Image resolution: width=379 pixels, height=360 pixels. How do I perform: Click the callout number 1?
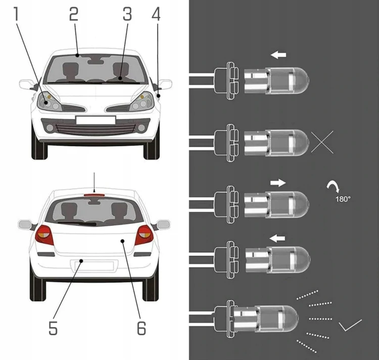(x=16, y=14)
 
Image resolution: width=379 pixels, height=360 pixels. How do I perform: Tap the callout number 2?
(x=74, y=14)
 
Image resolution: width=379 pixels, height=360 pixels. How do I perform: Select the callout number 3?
(x=127, y=14)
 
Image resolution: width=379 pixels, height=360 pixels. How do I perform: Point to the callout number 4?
(x=156, y=14)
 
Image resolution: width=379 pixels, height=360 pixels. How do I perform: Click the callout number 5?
(x=53, y=328)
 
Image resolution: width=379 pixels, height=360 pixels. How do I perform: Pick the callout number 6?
(x=141, y=328)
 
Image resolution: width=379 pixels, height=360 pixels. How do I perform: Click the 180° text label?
(x=343, y=199)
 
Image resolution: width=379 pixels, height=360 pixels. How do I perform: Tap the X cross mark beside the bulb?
(x=322, y=142)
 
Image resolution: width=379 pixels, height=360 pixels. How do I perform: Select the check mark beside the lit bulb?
(x=350, y=325)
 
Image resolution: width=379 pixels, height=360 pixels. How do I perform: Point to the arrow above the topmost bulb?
(x=278, y=55)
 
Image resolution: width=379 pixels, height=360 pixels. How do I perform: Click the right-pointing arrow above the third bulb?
(x=278, y=183)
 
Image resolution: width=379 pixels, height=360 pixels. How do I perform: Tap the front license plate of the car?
(x=96, y=120)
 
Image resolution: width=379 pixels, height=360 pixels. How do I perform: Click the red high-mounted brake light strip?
(x=94, y=195)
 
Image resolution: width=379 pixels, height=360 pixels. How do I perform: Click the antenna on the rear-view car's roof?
(x=94, y=183)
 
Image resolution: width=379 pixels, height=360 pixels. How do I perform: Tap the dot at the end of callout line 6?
(x=123, y=241)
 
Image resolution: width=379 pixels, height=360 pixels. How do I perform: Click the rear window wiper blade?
(x=77, y=223)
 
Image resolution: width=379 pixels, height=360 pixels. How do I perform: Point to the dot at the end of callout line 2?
(x=77, y=56)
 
